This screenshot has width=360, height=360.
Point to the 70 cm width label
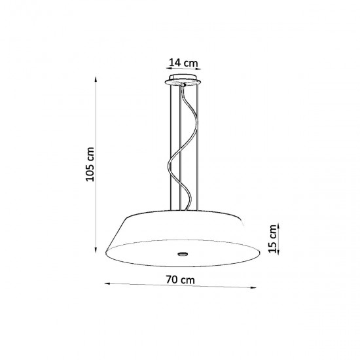[x=180, y=279]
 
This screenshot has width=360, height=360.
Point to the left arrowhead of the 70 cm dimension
[x=107, y=283]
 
